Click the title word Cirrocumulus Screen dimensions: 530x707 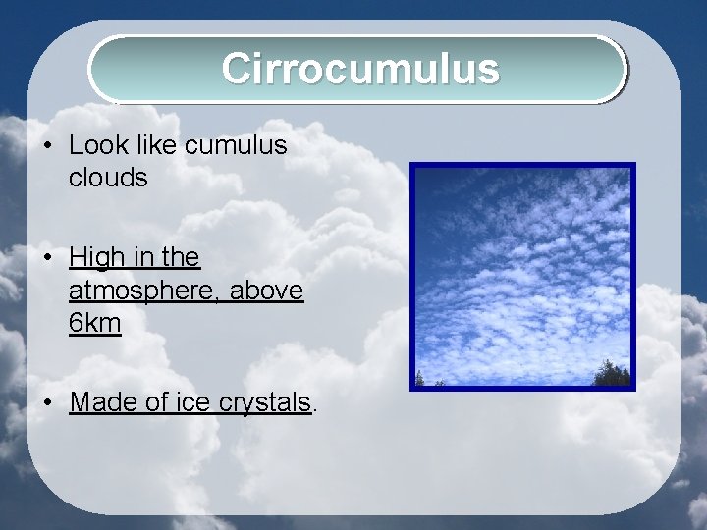click(359, 69)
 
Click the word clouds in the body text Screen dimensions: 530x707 click(108, 179)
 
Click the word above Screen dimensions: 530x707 click(267, 291)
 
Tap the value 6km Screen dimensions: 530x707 click(95, 323)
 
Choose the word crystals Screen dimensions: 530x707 click(265, 402)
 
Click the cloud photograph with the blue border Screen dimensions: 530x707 click(522, 276)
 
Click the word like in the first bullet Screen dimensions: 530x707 click(162, 146)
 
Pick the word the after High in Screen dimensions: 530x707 click(181, 258)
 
